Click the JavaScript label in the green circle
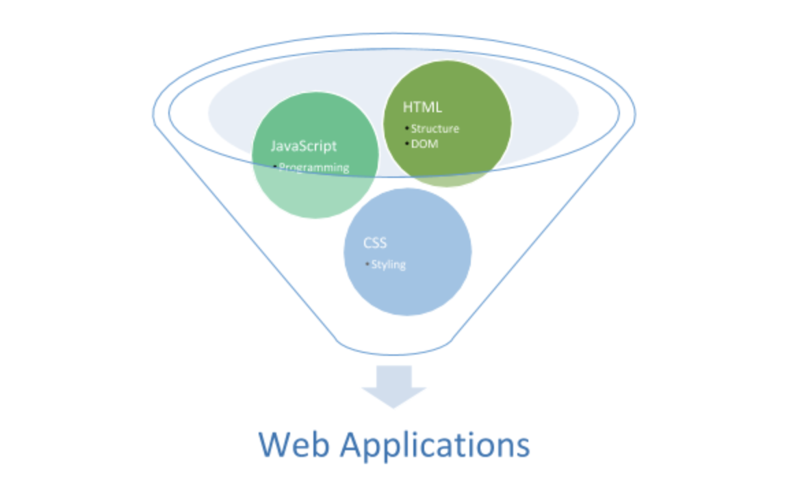coord(304,146)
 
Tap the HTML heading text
coord(422,107)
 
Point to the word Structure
coord(435,129)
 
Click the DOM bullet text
coord(424,144)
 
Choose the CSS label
coord(375,244)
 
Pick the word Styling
coord(388,265)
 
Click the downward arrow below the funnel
coord(393,385)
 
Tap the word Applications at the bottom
coord(435,446)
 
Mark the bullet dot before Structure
coord(406,128)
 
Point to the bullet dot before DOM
coord(406,144)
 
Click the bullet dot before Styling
coord(367,264)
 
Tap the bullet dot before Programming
coord(275,166)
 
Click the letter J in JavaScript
coord(274,146)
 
